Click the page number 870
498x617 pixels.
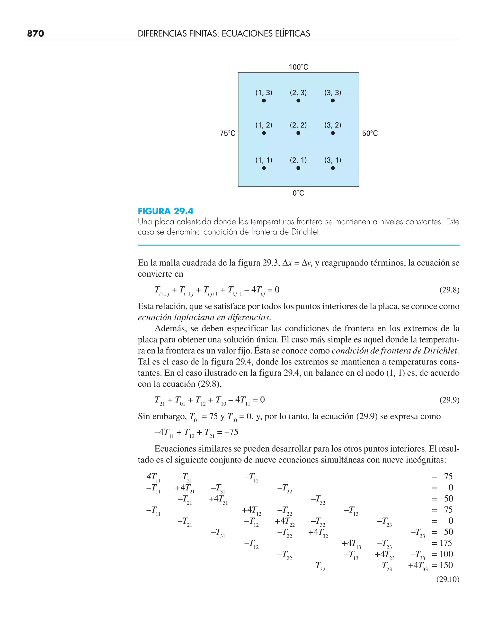pos(36,34)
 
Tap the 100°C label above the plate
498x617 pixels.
pos(298,67)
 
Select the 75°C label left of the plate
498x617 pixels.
pos(227,133)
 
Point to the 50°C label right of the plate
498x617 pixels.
pos(370,133)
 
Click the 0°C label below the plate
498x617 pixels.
pos(298,193)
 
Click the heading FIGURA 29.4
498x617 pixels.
pos(166,211)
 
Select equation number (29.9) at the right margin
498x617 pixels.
pos(449,400)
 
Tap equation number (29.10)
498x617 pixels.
pos(447,579)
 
